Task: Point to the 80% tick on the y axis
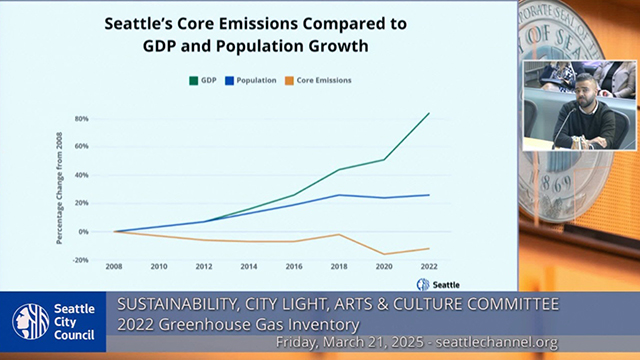click(81, 118)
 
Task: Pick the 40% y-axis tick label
click(81, 175)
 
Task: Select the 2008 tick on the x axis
click(116, 267)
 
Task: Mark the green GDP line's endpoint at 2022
click(429, 113)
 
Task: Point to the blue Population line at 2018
click(339, 195)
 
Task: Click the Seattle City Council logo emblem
click(30, 322)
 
